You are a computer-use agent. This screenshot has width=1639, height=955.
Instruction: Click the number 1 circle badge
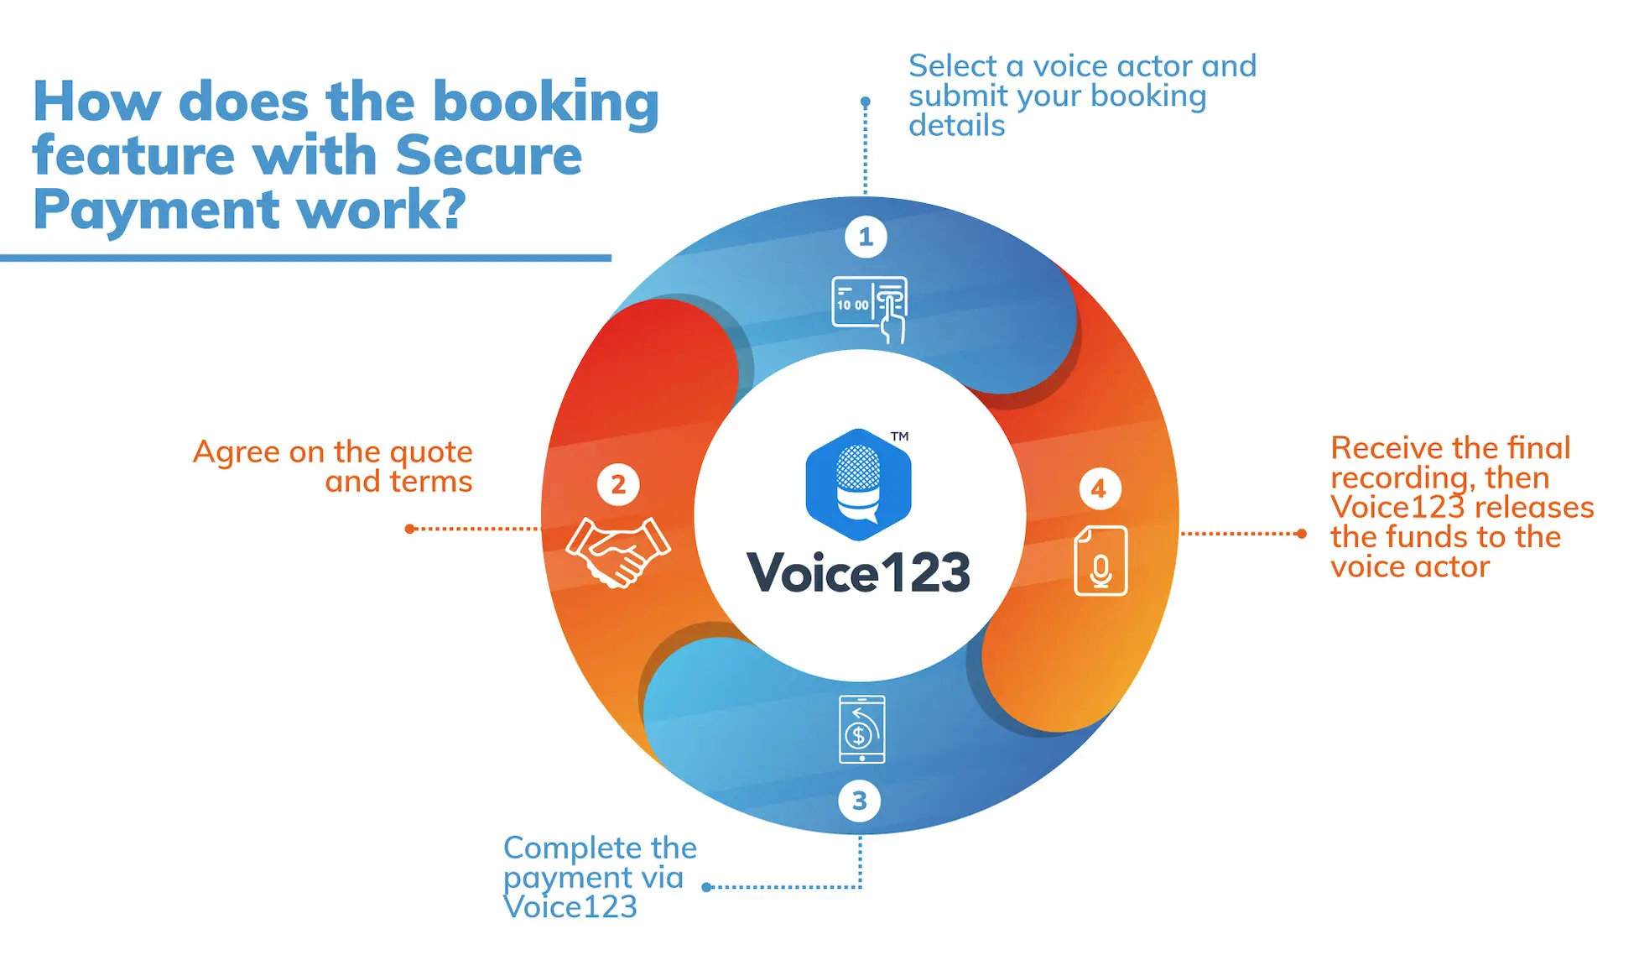point(866,237)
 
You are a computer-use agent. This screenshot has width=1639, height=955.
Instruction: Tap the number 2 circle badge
point(618,485)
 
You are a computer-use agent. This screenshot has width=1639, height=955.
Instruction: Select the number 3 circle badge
point(859,801)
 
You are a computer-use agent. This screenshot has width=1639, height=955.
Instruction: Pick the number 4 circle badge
point(1099,489)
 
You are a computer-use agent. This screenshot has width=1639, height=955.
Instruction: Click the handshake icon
point(618,551)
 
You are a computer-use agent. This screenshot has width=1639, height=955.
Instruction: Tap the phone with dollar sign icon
point(861,729)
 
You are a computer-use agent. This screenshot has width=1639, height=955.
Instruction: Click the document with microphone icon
point(1100,561)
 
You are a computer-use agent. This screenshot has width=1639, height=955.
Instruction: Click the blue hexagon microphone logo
point(858,484)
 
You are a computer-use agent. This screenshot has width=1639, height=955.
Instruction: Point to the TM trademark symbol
point(899,436)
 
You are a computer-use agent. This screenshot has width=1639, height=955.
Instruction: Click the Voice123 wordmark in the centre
point(858,573)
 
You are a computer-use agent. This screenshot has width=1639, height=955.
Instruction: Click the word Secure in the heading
point(488,156)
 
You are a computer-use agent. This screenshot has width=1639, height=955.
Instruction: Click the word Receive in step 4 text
point(1384,448)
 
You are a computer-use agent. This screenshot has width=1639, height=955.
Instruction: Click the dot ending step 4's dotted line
point(1301,534)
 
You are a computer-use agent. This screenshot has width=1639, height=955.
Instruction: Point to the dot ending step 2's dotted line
point(409,529)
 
